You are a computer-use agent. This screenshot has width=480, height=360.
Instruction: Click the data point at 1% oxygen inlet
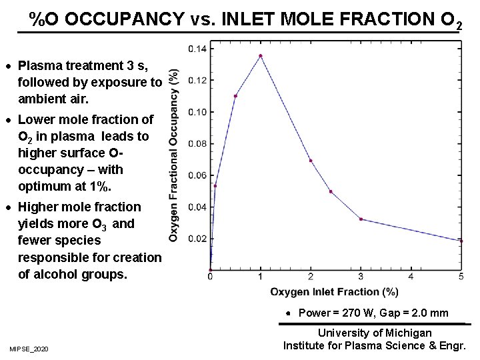point(260,56)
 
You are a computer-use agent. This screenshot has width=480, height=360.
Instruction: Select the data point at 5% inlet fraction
point(460,241)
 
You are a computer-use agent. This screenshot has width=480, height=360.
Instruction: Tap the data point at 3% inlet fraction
point(361,219)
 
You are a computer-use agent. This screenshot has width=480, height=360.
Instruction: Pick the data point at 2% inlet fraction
point(311,161)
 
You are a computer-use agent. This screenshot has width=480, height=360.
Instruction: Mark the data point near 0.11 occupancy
point(235,96)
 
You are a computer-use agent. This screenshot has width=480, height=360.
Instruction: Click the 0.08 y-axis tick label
point(197,143)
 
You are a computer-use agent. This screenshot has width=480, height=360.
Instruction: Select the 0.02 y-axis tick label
point(197,239)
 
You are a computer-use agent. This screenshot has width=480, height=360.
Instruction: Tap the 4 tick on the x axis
point(411,276)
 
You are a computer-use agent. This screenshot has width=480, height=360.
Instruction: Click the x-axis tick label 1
point(260,276)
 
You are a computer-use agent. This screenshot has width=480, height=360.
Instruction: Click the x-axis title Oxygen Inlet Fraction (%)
point(334,291)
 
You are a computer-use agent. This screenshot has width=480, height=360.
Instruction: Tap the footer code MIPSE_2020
point(29,349)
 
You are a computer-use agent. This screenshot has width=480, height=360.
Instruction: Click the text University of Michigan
point(375,333)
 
